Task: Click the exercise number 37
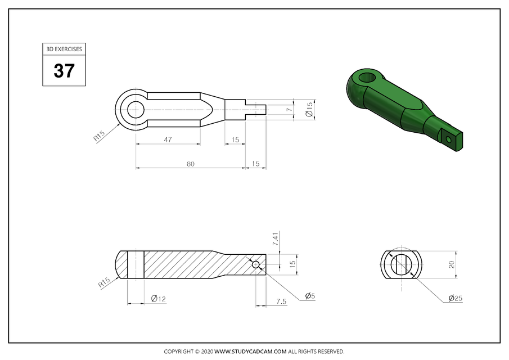pyautogui.click(x=64, y=71)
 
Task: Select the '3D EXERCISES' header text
pyautogui.click(x=64, y=49)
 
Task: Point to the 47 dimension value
pyautogui.click(x=168, y=139)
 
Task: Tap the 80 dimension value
pyautogui.click(x=190, y=164)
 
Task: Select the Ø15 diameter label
pyautogui.click(x=309, y=109)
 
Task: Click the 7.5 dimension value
pyautogui.click(x=281, y=301)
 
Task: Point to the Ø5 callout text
pyautogui.click(x=309, y=295)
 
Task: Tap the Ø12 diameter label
pyautogui.click(x=158, y=298)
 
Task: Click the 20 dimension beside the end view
pyautogui.click(x=451, y=265)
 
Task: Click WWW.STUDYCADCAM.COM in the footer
pyautogui.click(x=251, y=352)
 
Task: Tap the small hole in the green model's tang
pyautogui.click(x=448, y=138)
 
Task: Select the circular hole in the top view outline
pyautogui.click(x=136, y=109)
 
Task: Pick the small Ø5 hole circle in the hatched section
pyautogui.click(x=256, y=264)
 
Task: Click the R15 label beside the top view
pyautogui.click(x=99, y=136)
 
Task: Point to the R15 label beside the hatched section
pyautogui.click(x=105, y=283)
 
